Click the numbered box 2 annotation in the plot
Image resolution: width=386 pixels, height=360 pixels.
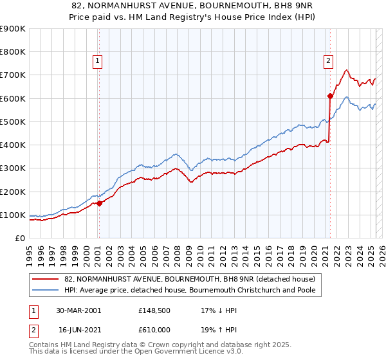[x=328, y=61]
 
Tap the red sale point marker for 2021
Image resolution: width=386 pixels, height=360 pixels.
[x=330, y=96]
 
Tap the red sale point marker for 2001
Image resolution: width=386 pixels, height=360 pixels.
[x=100, y=203]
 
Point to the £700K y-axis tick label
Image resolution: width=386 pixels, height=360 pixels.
[x=13, y=75]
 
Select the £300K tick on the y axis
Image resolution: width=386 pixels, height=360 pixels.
[x=13, y=168]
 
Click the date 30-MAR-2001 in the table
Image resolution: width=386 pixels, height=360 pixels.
[x=78, y=310]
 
